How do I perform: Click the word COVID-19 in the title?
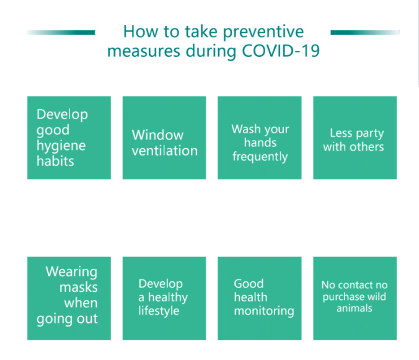[x=281, y=51]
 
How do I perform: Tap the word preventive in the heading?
[x=263, y=33]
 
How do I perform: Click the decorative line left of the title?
[x=61, y=33]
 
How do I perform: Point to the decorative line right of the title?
[x=365, y=33]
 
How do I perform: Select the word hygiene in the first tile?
[x=61, y=146]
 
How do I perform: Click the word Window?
[x=157, y=135]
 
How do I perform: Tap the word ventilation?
[x=165, y=151]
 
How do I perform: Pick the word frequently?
[x=260, y=157]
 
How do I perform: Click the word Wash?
[x=246, y=129]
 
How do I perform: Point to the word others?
[x=367, y=147]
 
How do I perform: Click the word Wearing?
[x=72, y=273]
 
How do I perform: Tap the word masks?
[x=79, y=288]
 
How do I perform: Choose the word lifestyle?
[x=159, y=311]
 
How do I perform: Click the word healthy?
[x=168, y=297]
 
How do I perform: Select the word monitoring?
[x=264, y=311]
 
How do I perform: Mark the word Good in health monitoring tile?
[x=249, y=284]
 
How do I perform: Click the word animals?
[x=355, y=309]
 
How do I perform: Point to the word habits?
[x=55, y=161]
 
